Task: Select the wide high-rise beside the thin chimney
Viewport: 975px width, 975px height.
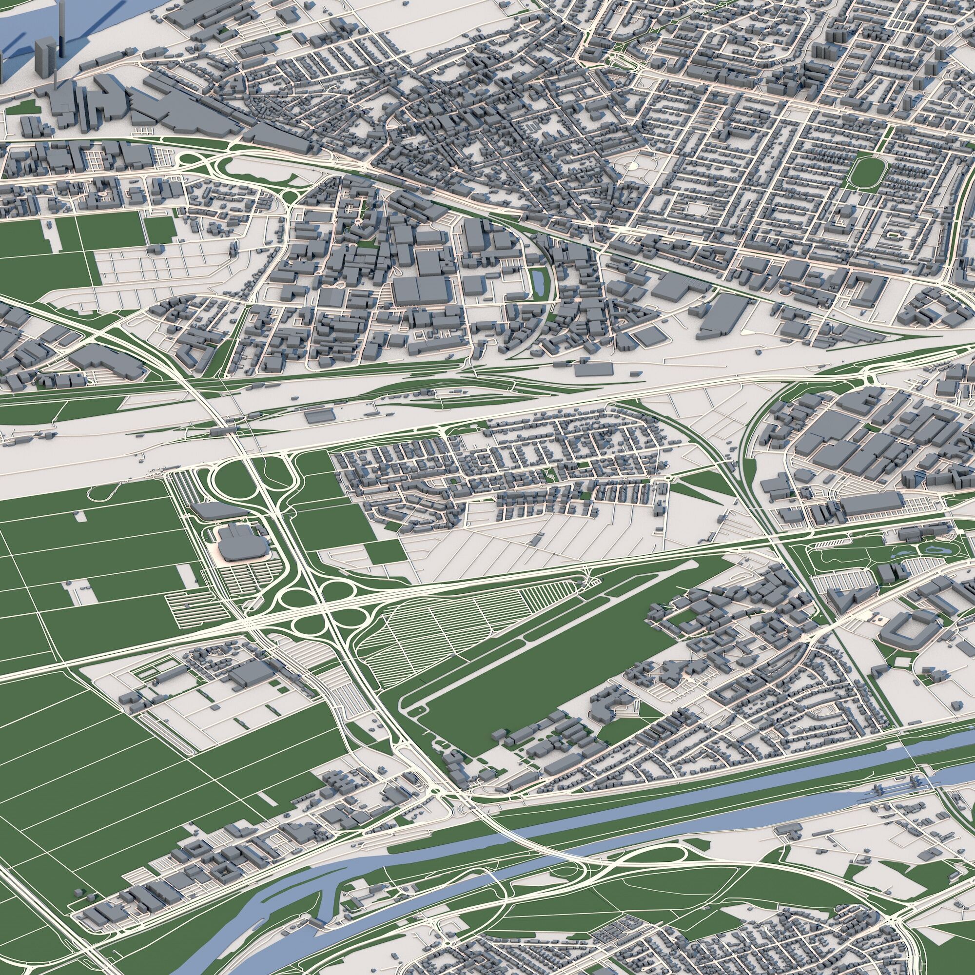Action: [44, 58]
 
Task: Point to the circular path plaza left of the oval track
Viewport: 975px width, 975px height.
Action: [630, 164]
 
